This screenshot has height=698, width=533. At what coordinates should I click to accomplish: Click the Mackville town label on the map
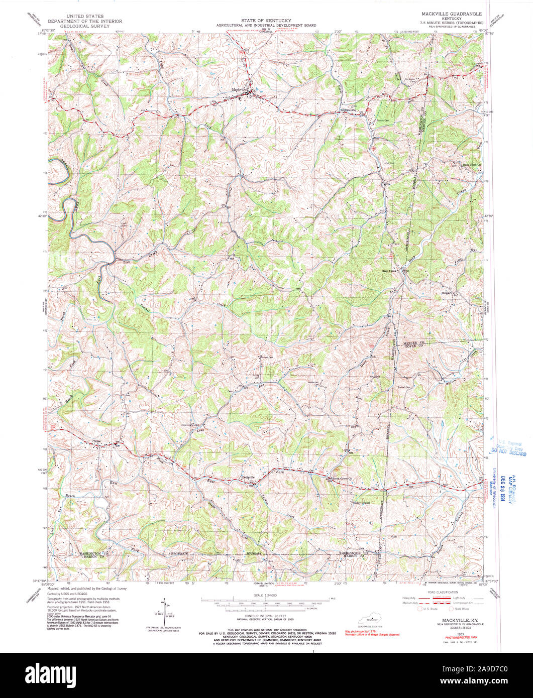coord(240,90)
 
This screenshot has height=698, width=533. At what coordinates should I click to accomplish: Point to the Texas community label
coord(96,442)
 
